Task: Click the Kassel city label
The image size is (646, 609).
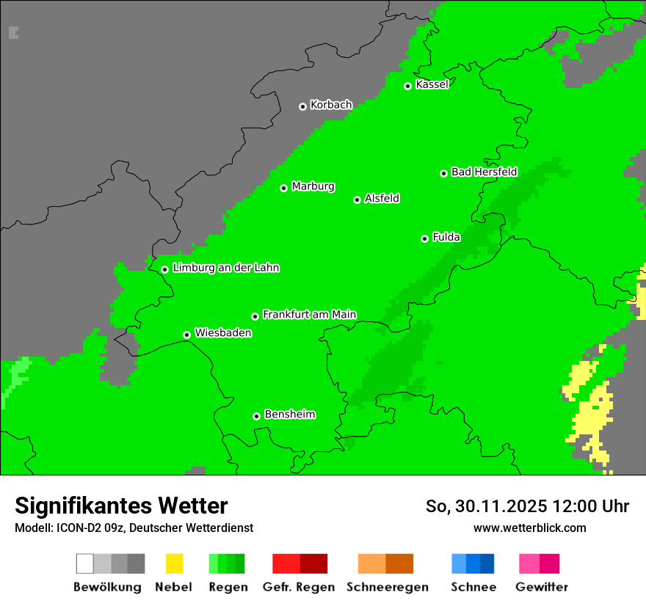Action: click(432, 84)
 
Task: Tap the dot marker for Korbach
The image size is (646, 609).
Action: click(302, 106)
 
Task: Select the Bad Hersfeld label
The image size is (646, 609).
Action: click(484, 172)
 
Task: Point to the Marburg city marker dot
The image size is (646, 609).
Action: click(283, 188)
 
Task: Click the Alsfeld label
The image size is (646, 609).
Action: click(382, 198)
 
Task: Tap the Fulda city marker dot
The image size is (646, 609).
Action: click(424, 238)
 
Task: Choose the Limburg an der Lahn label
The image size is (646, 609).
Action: click(225, 268)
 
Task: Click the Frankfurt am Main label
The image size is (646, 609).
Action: click(309, 314)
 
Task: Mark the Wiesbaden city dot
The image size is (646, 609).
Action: click(186, 335)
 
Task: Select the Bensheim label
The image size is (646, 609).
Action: click(289, 414)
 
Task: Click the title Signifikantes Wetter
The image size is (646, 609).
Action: click(121, 506)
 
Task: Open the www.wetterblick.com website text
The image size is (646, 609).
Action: click(529, 528)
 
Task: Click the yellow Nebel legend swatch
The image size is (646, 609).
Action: click(174, 564)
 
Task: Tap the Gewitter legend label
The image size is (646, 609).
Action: click(541, 587)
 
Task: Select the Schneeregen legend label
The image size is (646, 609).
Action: click(387, 587)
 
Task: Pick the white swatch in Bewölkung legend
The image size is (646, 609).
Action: click(85, 564)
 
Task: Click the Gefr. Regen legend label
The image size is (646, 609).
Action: click(298, 587)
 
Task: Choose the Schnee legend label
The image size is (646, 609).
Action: click(473, 587)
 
